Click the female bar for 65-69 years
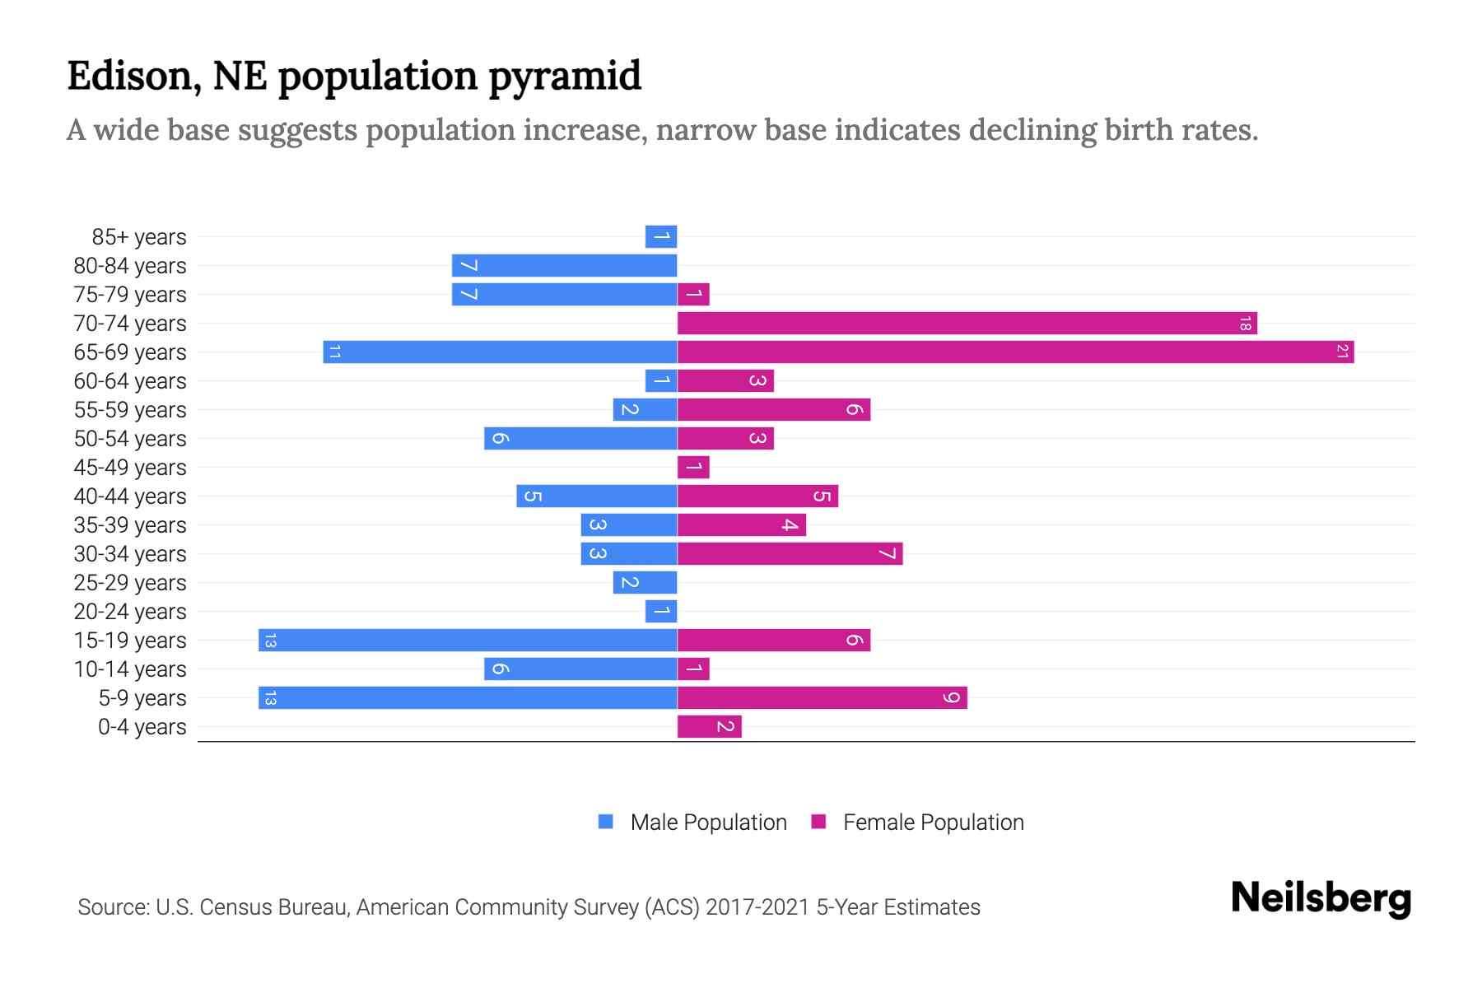[1015, 352]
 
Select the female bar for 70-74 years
[967, 324]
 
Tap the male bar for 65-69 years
[500, 352]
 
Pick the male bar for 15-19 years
[468, 641]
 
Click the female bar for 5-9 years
[822, 698]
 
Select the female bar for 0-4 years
[709, 727]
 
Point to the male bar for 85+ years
[661, 237]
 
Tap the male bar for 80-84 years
[564, 266]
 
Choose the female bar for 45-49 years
[693, 468]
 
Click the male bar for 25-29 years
[645, 583]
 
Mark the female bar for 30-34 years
[790, 554]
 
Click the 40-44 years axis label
[130, 496]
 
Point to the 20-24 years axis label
[130, 612]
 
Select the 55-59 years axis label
[130, 410]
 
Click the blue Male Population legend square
[606, 822]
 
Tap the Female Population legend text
[933, 823]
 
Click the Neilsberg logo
[1321, 898]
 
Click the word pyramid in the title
[565, 77]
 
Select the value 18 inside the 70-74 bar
[1245, 324]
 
